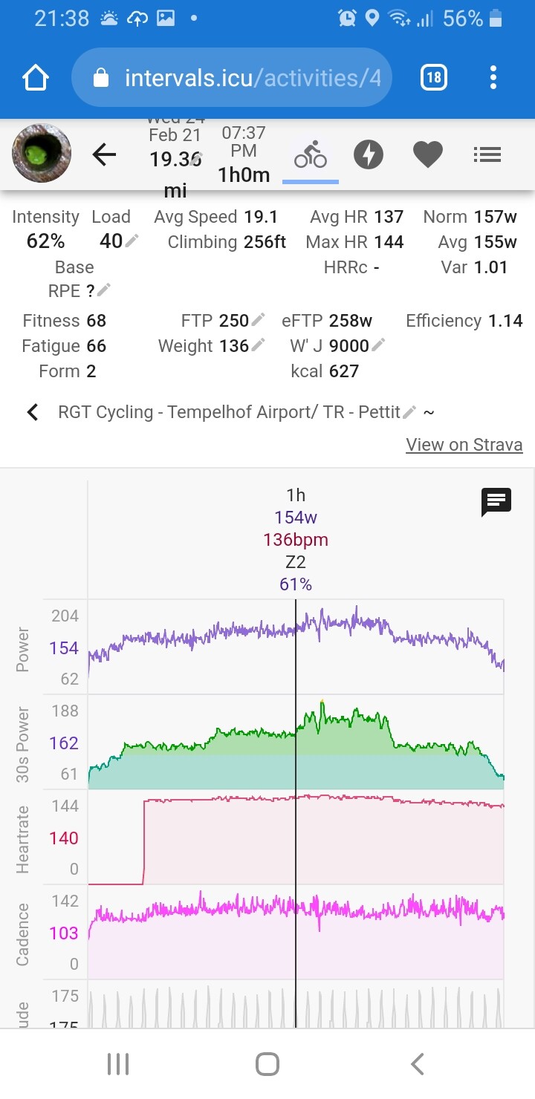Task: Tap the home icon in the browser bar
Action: point(36,78)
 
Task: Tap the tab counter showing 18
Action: point(433,77)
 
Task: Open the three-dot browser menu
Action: point(493,77)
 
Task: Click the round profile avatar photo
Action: point(42,154)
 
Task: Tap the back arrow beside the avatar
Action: point(104,154)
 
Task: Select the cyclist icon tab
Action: point(311,154)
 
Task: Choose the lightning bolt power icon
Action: point(368,154)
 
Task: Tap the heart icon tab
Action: point(428,154)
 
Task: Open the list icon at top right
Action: point(487,154)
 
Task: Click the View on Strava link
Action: point(464,445)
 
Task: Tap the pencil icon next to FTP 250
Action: point(258,319)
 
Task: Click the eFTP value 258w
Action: point(351,321)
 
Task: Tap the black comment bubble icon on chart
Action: point(496,503)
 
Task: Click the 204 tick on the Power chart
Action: point(65,616)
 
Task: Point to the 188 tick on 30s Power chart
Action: point(65,711)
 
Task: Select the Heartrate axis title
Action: point(23,839)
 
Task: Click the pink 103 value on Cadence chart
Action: point(64,933)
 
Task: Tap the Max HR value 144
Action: point(389,242)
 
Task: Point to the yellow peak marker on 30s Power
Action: point(322,700)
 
